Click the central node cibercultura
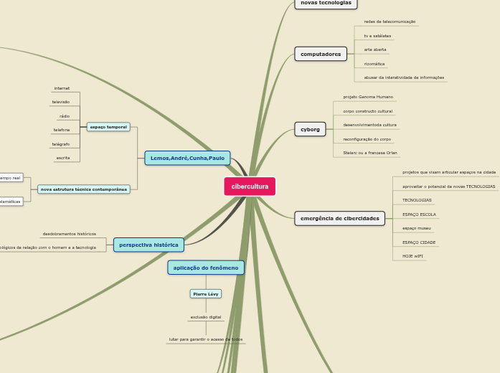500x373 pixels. tap(250, 186)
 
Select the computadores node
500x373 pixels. tap(321, 54)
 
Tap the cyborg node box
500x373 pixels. tap(310, 129)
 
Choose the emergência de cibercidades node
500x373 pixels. tap(339, 218)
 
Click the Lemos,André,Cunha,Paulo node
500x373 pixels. tap(187, 158)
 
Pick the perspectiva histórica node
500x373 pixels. tap(148, 245)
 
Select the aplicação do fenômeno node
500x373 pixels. tap(206, 268)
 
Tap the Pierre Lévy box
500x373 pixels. tap(206, 293)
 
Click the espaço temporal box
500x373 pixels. tap(108, 127)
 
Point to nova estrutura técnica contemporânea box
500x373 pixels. tap(84, 189)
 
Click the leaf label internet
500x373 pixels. tap(62, 88)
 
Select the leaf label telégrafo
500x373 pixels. tap(61, 144)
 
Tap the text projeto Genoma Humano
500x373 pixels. tap(368, 97)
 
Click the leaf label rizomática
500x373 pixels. tap(374, 64)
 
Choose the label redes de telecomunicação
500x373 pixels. tap(390, 22)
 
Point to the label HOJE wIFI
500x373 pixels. tap(412, 256)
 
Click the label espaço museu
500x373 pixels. tap(416, 228)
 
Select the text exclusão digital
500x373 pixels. tap(206, 316)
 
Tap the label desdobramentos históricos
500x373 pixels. tap(69, 234)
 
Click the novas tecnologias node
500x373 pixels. tap(326, 3)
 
